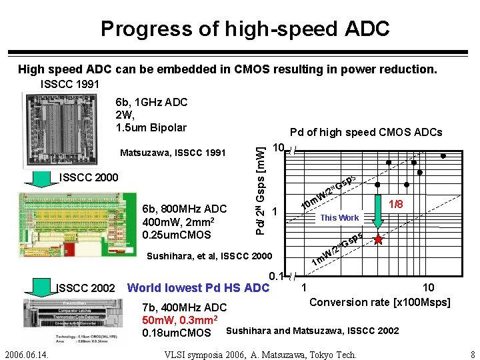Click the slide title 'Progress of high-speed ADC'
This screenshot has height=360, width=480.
pos(245,29)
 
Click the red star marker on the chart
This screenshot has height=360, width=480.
pos(379,239)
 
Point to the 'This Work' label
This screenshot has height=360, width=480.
pos(339,217)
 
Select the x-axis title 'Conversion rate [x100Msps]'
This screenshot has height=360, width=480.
pos(380,302)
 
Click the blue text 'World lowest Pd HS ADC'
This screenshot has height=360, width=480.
pos(198,288)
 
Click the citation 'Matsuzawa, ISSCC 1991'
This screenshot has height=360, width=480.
pos(173,153)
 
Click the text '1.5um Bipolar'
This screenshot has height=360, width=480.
pos(151,127)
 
